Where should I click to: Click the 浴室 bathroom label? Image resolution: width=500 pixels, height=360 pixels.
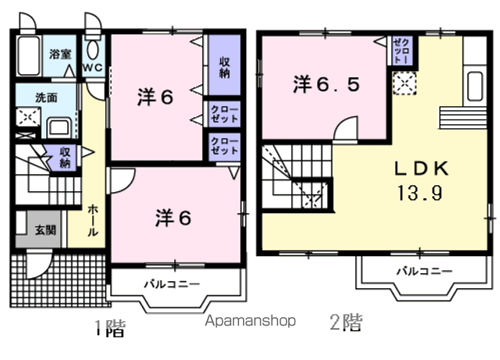60,54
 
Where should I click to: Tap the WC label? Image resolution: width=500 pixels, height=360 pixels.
93,68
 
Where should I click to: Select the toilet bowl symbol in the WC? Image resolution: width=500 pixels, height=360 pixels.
93,49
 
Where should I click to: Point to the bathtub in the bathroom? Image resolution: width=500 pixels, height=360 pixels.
29,55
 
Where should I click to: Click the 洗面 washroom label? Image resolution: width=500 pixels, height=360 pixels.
46,98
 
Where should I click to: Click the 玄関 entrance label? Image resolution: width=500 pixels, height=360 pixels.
45,230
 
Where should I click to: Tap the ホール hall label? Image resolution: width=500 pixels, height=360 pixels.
92,220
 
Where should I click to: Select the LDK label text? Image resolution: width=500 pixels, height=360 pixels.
422,169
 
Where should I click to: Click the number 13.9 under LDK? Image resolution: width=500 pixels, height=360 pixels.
420,193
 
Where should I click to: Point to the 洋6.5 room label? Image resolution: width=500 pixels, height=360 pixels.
327,84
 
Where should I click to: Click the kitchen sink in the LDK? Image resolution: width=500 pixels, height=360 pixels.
475,86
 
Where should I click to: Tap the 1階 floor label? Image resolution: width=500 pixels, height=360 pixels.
110,328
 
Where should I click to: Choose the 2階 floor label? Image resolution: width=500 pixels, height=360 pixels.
346,323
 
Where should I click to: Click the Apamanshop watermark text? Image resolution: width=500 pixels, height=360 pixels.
250,321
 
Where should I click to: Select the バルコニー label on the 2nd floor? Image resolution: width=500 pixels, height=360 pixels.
424,271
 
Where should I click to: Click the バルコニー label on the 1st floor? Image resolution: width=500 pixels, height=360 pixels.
172,283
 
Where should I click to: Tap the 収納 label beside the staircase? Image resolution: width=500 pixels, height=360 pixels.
65,157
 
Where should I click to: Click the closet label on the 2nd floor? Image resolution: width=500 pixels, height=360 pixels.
402,51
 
